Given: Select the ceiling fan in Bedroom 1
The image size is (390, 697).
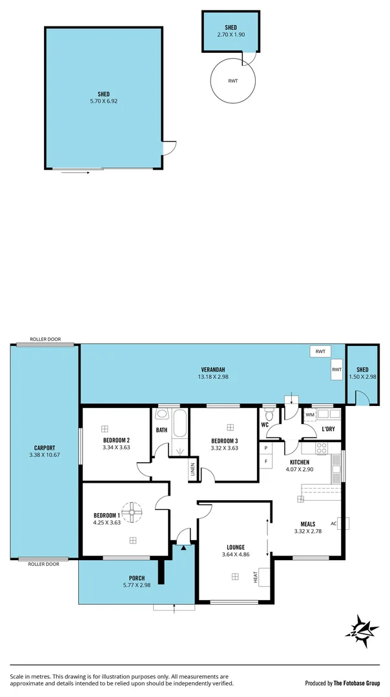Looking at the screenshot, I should click(x=132, y=512).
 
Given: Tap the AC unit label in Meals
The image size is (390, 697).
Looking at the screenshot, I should click(x=334, y=523).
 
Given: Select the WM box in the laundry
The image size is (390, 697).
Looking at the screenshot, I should click(x=310, y=414).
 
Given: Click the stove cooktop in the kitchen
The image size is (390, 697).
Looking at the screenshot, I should click(x=322, y=447).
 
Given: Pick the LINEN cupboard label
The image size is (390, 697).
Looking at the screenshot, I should click(x=192, y=470).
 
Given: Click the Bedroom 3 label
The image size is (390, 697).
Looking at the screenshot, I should click(x=225, y=441).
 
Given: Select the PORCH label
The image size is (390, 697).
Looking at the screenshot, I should click(x=136, y=578).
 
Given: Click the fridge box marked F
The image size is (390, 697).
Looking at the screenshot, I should click(x=266, y=461).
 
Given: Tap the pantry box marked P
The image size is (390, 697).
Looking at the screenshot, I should click(x=266, y=447).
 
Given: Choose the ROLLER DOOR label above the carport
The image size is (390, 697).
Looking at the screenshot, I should click(x=45, y=339).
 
